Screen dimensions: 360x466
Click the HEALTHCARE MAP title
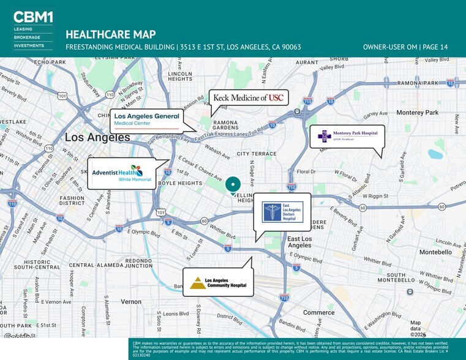[x=110, y=34]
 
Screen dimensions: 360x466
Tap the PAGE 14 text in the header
[x=435, y=47]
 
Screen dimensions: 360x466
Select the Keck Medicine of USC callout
[x=248, y=98]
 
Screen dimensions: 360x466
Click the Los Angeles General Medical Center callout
[x=147, y=120]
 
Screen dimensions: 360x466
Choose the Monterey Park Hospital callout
[x=347, y=136]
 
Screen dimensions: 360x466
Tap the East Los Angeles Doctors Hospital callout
[x=282, y=211]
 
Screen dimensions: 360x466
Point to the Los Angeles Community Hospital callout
[x=217, y=282]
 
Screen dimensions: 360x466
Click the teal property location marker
[x=233, y=183]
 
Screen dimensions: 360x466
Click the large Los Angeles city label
[x=98, y=137]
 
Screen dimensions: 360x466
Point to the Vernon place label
[x=130, y=302]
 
